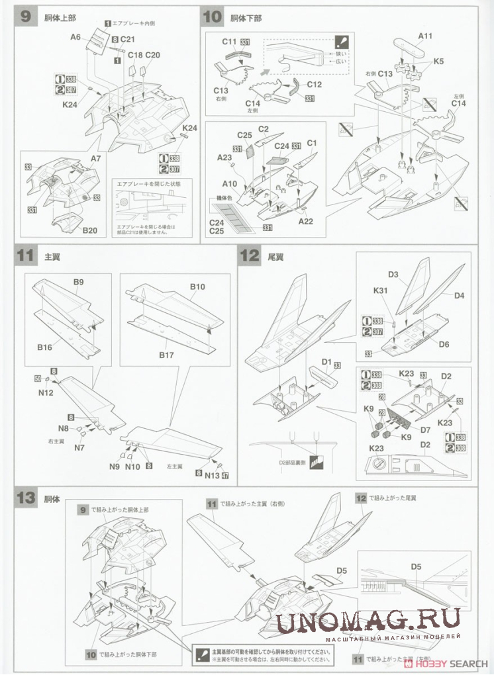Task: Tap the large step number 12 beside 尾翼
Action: point(249,255)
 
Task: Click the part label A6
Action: point(75,38)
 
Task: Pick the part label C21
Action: point(128,40)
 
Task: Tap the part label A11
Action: point(425,36)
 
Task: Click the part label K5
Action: point(439,61)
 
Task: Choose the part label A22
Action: point(305,221)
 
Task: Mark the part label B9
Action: point(78,282)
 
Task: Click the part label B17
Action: point(166,355)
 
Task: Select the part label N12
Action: point(46,392)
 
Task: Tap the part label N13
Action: point(212,474)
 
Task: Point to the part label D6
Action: point(444,344)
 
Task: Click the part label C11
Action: point(229,42)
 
